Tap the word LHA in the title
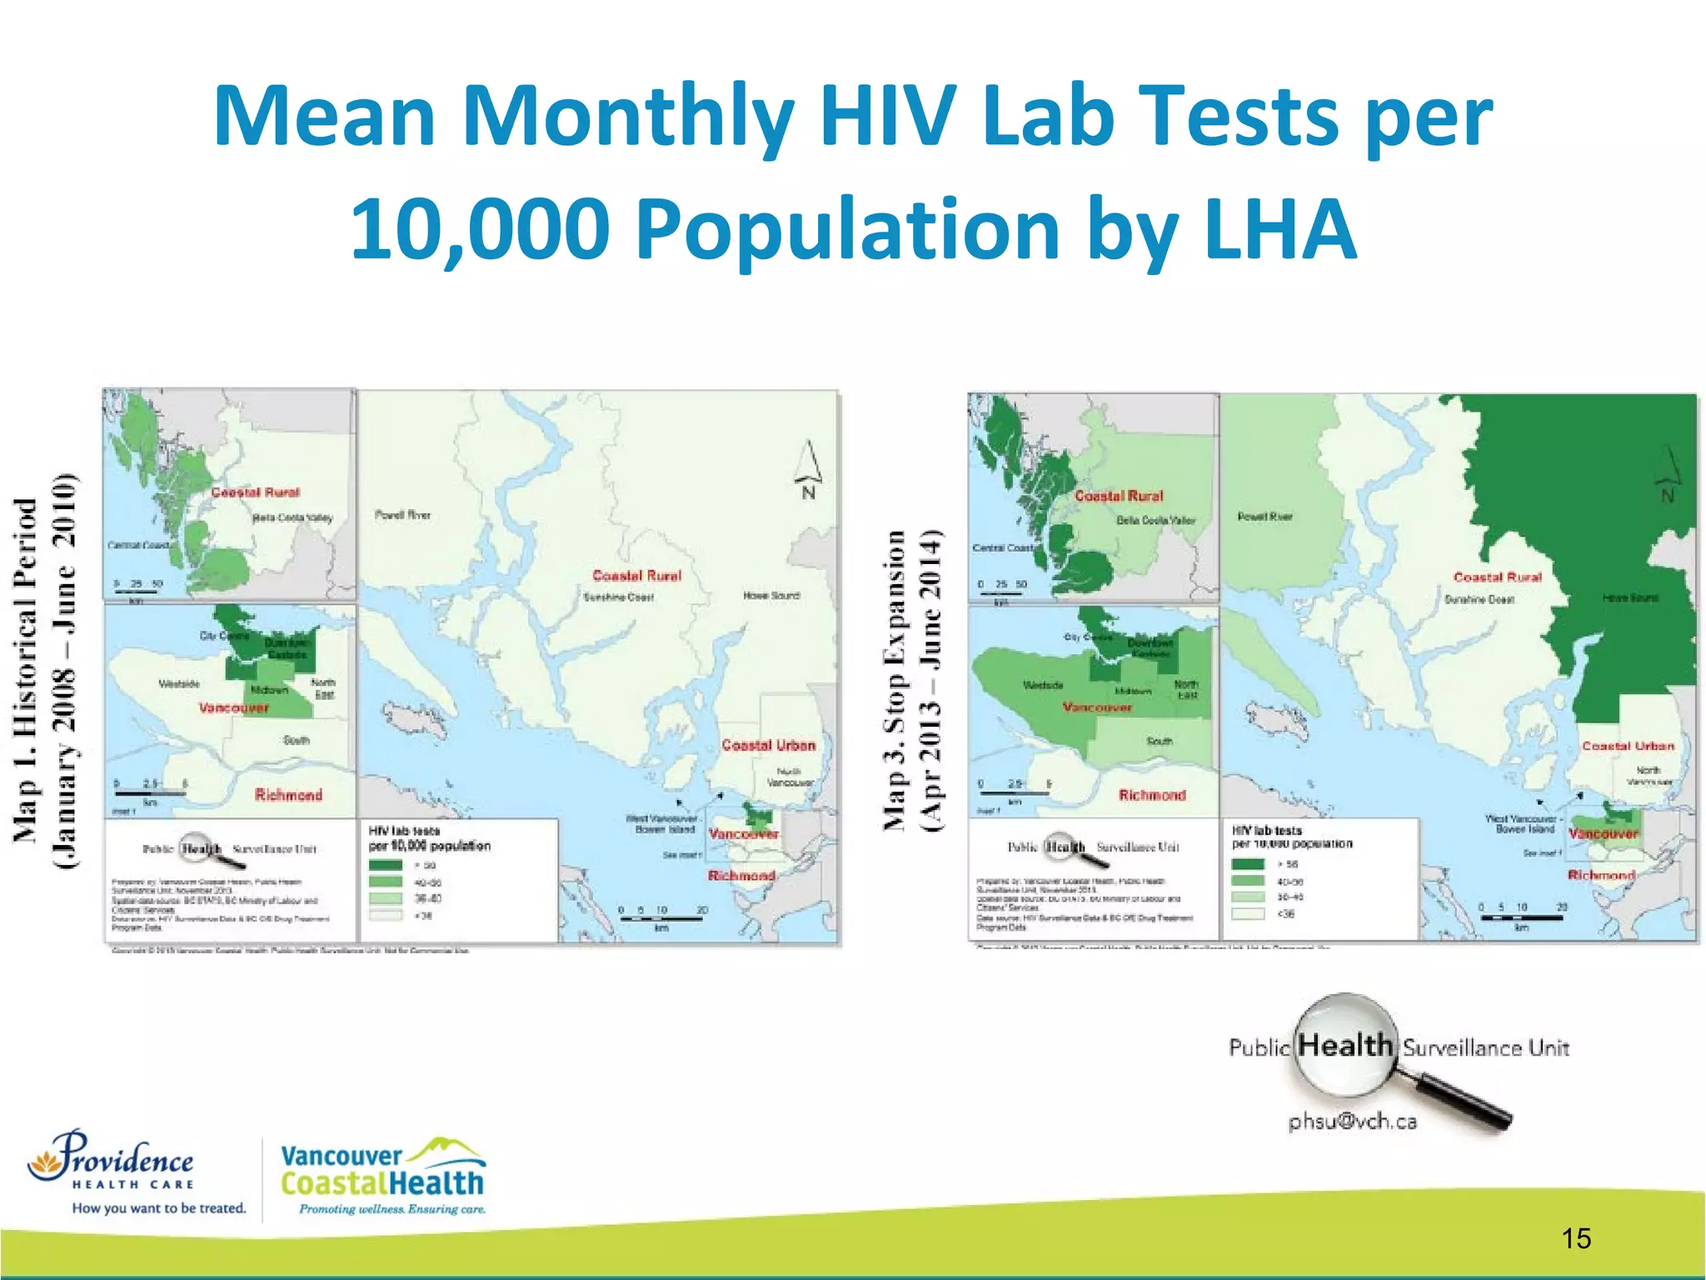pos(1279,229)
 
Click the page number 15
pos(1576,1238)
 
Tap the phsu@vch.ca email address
pos(1352,1122)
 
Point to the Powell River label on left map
pos(402,515)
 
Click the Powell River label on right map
pos(1265,517)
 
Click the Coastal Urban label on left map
pos(768,745)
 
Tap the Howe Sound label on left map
pos(771,596)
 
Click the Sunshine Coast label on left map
pos(618,597)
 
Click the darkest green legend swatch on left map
pos(385,865)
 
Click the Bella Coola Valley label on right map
pos(1155,521)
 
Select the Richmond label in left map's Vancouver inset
pos(288,795)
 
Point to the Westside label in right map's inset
pos(1043,685)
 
